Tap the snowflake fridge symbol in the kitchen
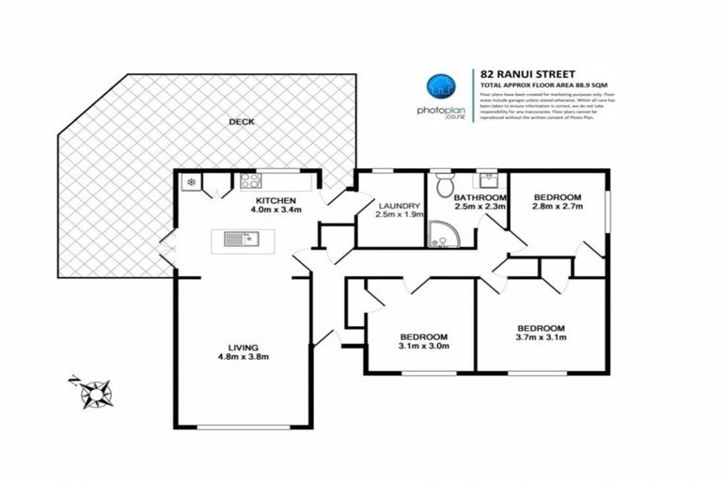[x=191, y=182]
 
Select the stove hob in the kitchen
[x=250, y=181]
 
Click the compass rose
[x=93, y=388]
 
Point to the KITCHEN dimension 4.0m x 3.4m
[x=276, y=210]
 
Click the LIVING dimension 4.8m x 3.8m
[x=243, y=357]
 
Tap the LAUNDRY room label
[x=398, y=207]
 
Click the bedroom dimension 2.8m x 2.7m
[x=557, y=209]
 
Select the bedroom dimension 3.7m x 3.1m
[x=541, y=340]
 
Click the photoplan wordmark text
[x=437, y=108]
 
